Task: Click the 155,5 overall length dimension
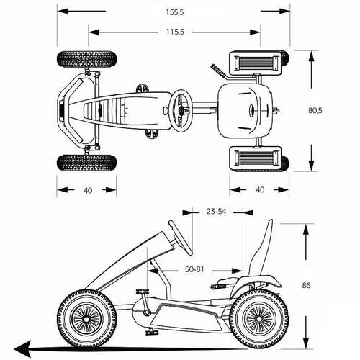click(175, 12)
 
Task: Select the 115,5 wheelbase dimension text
click(175, 32)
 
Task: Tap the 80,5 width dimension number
click(315, 110)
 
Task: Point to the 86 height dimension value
click(306, 285)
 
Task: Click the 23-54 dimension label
click(216, 212)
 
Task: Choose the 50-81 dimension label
click(194, 269)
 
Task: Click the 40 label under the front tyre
click(88, 190)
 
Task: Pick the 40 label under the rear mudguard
click(260, 190)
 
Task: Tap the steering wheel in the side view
click(181, 238)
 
